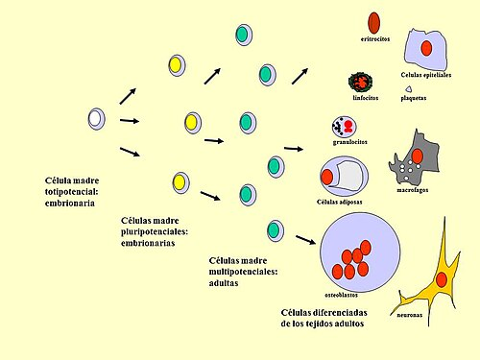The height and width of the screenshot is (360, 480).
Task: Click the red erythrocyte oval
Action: click(x=373, y=20)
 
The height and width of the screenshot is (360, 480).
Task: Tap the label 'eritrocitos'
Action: click(x=374, y=39)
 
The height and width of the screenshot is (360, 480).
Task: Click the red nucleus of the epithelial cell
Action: click(x=426, y=48)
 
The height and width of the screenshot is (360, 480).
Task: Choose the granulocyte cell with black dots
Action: click(x=343, y=126)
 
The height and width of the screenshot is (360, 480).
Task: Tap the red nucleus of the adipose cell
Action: click(x=328, y=176)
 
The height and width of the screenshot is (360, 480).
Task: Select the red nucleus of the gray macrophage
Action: click(x=418, y=156)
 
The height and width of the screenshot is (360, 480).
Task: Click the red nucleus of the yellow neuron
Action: click(x=442, y=279)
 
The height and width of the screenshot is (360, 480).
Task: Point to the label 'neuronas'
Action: click(x=410, y=314)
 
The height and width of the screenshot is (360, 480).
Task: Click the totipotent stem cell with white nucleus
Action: click(x=96, y=119)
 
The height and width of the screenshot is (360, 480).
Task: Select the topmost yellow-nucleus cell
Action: click(x=176, y=65)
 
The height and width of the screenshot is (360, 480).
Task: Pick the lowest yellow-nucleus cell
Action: click(x=178, y=181)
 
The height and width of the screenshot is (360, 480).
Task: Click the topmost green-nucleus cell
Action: click(x=244, y=35)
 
